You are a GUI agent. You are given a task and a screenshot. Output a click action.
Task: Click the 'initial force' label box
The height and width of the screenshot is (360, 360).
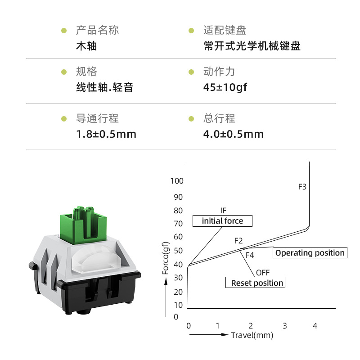coord(222,221)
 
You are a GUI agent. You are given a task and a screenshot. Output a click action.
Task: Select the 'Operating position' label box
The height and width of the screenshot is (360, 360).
coord(310,253)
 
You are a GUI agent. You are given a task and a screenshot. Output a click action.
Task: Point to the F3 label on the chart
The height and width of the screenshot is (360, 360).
coord(302,186)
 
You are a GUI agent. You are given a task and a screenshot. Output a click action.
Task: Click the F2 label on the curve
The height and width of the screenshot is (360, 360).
coord(238,241)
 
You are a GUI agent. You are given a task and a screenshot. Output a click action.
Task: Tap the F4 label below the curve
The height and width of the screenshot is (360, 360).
coord(250,255)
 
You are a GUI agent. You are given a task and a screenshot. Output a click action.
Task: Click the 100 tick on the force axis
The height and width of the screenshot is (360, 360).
coord(177,181)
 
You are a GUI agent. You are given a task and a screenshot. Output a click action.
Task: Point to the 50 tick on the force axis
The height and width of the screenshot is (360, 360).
coord(179,250)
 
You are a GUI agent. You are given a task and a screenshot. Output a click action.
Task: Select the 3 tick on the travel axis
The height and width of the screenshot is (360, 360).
coord(284,325)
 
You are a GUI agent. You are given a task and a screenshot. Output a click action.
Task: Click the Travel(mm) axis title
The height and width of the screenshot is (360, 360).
coord(252,335)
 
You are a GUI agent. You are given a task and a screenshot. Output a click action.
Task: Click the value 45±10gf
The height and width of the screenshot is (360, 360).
coord(225,87)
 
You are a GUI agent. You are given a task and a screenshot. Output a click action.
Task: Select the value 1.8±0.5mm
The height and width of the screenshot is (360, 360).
coord(106,134)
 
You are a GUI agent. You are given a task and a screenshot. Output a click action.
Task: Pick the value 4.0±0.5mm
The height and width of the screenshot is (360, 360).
coord(234,134)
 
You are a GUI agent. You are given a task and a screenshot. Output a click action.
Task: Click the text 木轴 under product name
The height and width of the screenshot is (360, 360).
coord(86,46)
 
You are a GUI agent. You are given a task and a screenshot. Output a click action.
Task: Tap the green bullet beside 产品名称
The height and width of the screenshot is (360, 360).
coord(63,31)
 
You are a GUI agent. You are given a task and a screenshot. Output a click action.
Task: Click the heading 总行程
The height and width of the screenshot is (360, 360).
coord(219,119)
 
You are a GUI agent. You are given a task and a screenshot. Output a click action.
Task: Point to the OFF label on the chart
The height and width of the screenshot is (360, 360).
coord(263,273)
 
